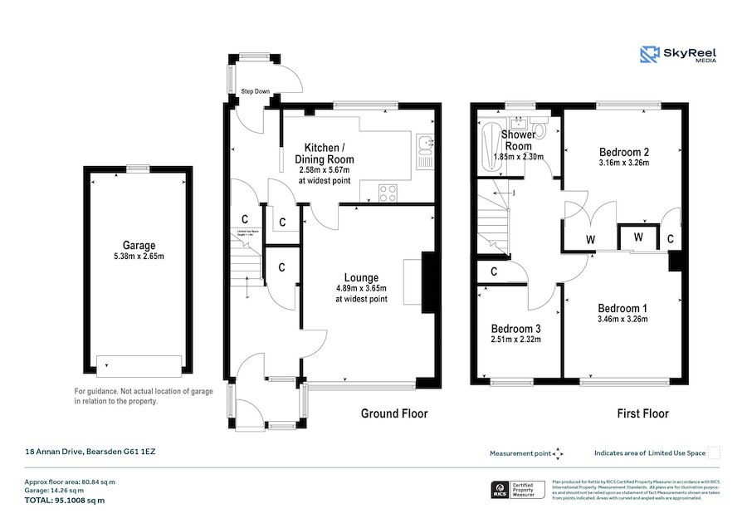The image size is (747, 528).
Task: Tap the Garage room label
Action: pos(139,245)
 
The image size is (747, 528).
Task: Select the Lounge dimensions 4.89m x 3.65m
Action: pos(361,288)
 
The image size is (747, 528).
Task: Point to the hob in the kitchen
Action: pos(388,193)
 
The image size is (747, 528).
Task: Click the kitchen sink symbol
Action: pos(424,149)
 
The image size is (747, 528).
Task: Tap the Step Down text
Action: pos(256,91)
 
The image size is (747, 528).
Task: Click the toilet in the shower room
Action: pos(541,130)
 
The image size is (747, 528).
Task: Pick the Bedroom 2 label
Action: pos(623,152)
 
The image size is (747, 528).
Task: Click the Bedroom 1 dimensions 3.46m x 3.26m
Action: pos(622,319)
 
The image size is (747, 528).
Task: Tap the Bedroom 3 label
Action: pos(515,327)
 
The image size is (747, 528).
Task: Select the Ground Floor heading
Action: pos(394,413)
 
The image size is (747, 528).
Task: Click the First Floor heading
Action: pos(642,413)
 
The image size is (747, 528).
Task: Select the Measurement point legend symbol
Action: pos(558,453)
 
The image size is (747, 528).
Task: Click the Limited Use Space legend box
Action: pos(714,453)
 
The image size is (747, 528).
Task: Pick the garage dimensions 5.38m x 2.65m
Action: pos(139,257)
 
